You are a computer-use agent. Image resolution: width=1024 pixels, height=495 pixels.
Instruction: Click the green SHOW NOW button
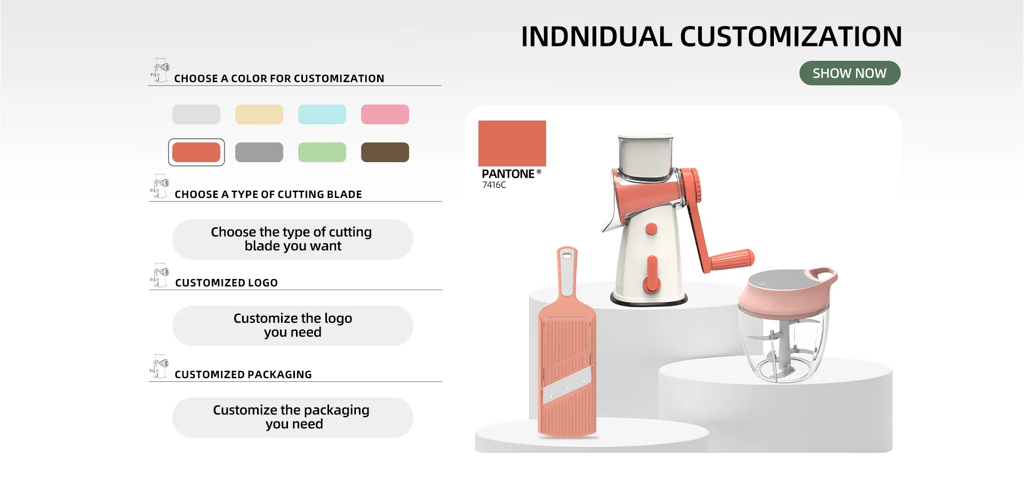coord(850,73)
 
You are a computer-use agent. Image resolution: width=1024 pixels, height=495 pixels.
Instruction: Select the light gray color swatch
coord(196,114)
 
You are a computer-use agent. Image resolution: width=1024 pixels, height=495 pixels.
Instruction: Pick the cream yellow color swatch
coord(259,114)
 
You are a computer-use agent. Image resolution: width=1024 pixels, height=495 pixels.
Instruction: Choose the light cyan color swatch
coord(322,114)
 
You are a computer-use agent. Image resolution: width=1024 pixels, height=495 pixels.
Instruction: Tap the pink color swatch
coord(385,114)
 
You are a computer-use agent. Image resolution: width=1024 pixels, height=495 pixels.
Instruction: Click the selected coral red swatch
coord(196,152)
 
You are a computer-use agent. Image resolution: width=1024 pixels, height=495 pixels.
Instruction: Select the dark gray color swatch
coord(259,152)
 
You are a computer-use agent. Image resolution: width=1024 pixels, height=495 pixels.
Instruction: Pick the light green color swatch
coord(322,152)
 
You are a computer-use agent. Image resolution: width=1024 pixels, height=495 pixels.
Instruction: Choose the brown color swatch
coord(385,152)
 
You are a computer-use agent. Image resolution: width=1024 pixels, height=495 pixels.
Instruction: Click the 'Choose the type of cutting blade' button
coord(292,239)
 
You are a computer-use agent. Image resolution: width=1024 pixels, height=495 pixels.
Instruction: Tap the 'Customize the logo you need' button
coord(292,326)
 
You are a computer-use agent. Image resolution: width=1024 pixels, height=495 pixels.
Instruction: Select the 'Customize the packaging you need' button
coord(292,418)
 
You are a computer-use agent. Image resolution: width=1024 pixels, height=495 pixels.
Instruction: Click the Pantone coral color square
coord(512,143)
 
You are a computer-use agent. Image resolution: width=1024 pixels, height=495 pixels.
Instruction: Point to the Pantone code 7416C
coord(494,185)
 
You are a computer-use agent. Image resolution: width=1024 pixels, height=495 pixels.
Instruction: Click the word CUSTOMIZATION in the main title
coord(790,37)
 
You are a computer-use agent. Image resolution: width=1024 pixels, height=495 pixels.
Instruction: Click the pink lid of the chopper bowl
coord(787,291)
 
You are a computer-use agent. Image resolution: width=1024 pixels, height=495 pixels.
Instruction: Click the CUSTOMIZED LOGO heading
coord(227,283)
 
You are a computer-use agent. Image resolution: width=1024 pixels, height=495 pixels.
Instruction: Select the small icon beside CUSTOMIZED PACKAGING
coord(159,366)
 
